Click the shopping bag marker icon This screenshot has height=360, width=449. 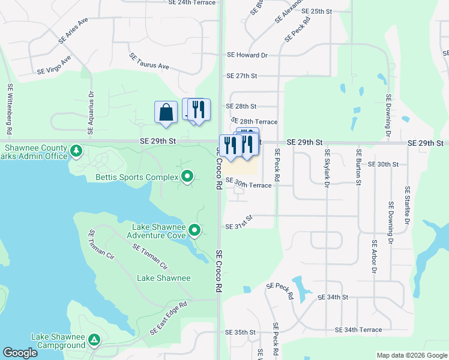point(166,112)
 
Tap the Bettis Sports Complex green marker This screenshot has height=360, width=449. point(187,177)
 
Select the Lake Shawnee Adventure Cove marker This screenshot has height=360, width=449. point(194,230)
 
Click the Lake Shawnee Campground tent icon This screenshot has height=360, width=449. point(94,340)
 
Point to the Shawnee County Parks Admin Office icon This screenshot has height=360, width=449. point(76,150)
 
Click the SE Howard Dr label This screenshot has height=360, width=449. point(247,55)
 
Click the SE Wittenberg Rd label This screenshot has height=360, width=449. point(10,109)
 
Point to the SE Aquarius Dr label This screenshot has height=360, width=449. point(91,114)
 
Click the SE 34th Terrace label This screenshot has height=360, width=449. point(358,330)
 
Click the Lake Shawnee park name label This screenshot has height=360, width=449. point(163,278)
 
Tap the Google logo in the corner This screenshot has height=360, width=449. point(20,353)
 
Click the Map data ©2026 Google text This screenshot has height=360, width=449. point(412,355)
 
